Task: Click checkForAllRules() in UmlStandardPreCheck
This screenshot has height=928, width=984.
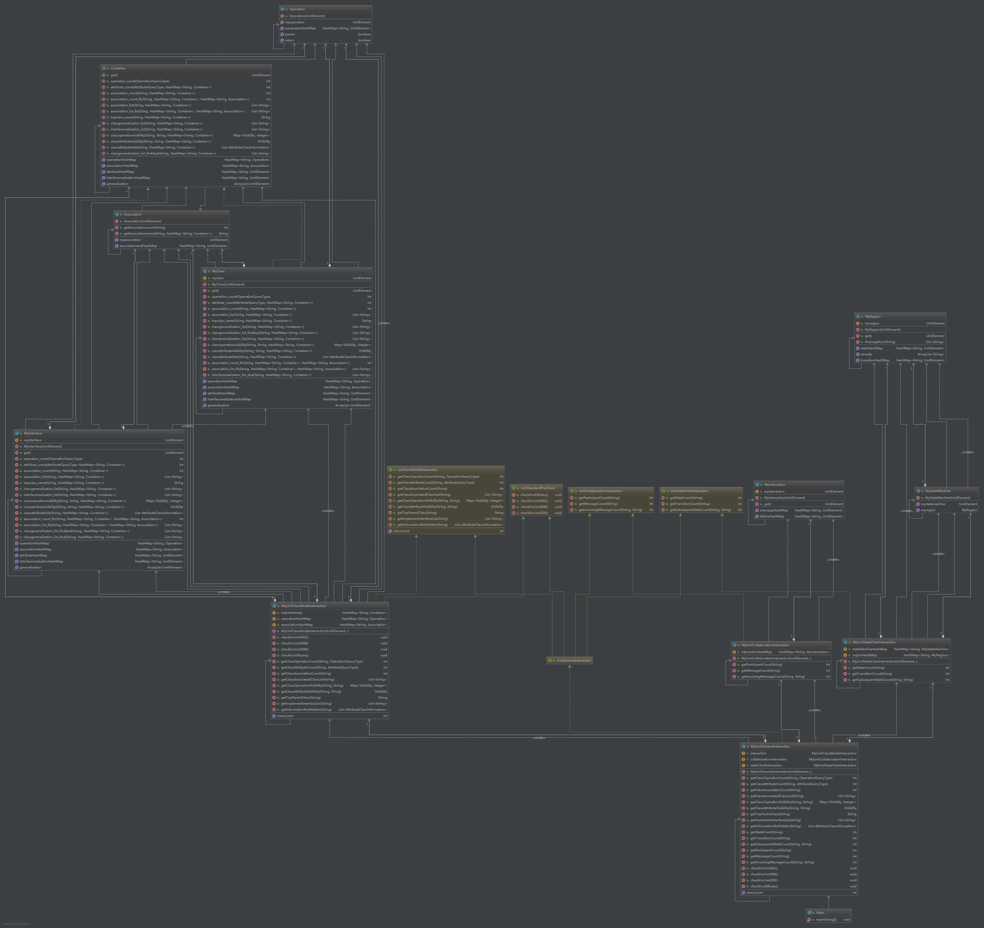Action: (x=534, y=495)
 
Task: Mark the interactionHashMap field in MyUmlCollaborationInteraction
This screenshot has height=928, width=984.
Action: (x=756, y=652)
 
